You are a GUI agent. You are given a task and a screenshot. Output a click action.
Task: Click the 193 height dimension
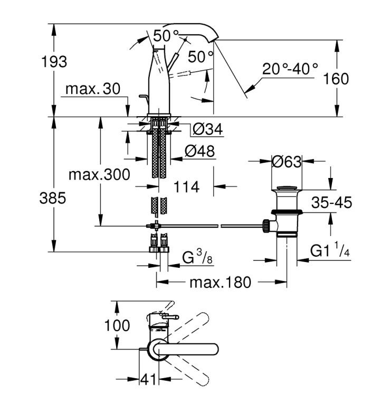coord(54,62)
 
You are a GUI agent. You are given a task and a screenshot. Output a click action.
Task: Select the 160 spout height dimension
coord(336,79)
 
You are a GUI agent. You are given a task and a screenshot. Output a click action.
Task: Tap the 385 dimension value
coord(53,198)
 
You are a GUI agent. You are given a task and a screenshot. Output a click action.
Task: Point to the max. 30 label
coord(93,89)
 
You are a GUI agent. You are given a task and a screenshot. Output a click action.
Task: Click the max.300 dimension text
coord(99,174)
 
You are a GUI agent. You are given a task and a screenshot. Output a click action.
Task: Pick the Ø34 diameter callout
coord(208,129)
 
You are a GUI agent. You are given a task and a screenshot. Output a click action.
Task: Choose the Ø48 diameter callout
coord(199,151)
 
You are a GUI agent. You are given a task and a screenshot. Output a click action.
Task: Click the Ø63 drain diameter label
coord(287,162)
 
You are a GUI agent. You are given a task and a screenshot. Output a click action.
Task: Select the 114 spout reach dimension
coord(186,187)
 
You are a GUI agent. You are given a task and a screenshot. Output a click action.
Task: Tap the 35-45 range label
coord(331,202)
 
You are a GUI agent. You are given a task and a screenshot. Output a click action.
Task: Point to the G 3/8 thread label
coord(197,257)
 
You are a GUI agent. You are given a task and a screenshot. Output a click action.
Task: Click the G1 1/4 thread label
coord(330,250)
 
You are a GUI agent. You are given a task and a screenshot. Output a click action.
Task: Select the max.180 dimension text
coord(220,283)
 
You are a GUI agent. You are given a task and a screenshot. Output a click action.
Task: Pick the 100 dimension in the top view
coord(117,325)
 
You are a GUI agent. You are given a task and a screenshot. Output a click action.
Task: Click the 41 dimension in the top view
coord(148,379)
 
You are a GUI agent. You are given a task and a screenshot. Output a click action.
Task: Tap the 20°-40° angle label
coord(290,69)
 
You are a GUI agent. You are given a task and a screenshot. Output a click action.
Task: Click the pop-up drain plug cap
coord(287,188)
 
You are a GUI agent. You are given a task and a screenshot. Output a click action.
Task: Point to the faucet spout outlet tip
coord(213,41)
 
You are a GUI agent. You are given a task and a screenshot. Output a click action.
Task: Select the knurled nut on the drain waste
coord(265,225)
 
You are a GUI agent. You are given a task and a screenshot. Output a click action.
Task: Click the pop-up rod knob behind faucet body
coord(142,97)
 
